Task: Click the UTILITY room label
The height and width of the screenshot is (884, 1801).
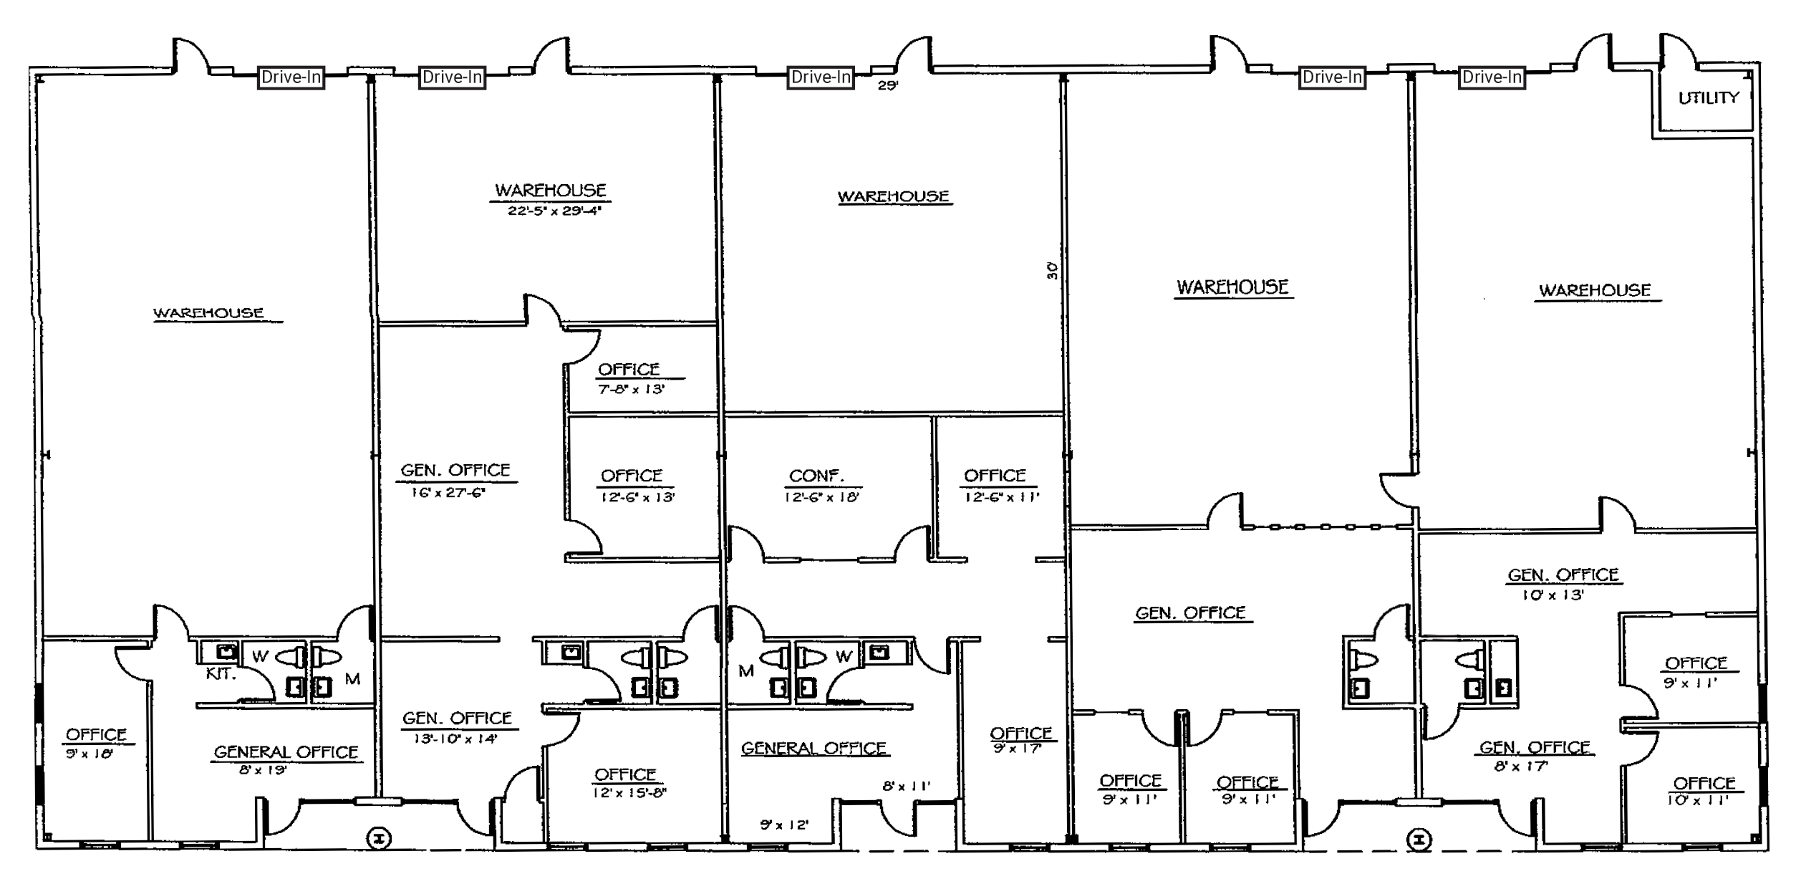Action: tap(1709, 97)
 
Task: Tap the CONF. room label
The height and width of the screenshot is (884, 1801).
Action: tap(816, 476)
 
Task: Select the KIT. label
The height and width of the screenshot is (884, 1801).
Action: tap(221, 674)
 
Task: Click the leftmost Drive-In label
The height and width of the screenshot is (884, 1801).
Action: tap(291, 77)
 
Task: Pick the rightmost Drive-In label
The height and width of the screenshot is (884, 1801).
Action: tap(1492, 77)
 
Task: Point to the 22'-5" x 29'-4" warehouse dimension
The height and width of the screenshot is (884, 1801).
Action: tap(554, 211)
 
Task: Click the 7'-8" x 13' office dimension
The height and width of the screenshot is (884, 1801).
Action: tap(632, 389)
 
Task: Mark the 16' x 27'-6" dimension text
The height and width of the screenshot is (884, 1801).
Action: tap(448, 493)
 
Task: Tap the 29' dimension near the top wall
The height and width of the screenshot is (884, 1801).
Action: tap(888, 85)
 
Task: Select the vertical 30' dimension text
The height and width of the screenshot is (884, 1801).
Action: tap(1052, 270)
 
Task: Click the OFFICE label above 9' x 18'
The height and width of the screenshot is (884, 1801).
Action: tap(96, 734)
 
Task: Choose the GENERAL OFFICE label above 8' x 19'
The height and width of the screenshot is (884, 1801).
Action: tap(286, 751)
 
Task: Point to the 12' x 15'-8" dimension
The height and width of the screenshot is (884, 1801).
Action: tap(629, 793)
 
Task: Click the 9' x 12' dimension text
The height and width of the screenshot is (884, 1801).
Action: tap(784, 825)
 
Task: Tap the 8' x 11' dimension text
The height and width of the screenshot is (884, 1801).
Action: tap(906, 786)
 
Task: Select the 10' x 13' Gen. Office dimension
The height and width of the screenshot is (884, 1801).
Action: tap(1553, 595)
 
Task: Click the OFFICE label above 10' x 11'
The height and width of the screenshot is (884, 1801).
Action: tap(1704, 783)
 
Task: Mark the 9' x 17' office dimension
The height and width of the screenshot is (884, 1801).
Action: tap(1016, 749)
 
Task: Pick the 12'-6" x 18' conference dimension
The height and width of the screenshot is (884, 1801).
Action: tap(821, 496)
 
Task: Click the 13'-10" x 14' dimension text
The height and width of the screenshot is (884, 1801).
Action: tap(455, 739)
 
